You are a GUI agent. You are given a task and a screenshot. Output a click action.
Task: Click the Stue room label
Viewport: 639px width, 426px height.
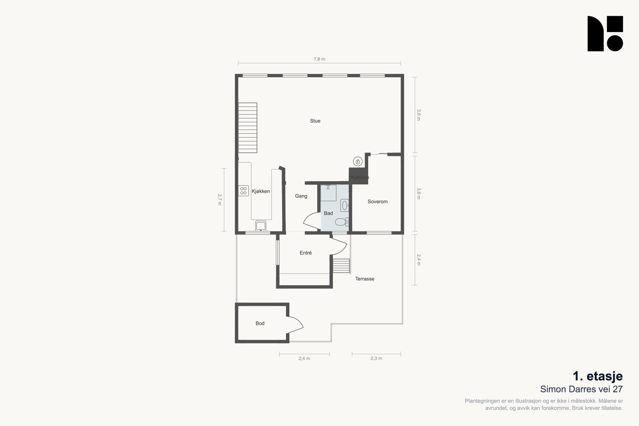tap(315, 121)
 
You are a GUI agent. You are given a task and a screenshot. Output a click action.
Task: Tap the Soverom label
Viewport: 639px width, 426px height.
tap(377, 201)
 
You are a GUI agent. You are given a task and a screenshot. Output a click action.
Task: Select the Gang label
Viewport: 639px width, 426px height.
tap(301, 196)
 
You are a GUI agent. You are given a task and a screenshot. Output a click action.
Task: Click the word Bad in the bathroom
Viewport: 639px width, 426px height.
tap(328, 213)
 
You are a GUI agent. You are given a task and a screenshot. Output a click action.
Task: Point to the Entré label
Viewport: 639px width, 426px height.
tap(306, 253)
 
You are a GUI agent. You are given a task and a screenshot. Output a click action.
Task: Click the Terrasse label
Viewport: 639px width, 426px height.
tap(365, 279)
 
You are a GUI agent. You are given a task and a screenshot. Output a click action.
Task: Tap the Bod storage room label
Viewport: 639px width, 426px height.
tap(260, 323)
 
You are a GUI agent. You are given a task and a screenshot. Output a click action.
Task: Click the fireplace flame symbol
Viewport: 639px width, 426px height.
tap(358, 161)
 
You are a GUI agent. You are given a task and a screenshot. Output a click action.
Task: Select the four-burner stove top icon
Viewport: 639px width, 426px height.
tap(244, 191)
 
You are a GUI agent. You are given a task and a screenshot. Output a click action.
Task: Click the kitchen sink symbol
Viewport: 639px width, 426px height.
tap(261, 226)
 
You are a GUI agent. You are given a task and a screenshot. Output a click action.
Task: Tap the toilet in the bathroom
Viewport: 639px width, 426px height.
tap(342, 222)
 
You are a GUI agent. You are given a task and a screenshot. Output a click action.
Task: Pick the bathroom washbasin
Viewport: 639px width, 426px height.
tap(344, 205)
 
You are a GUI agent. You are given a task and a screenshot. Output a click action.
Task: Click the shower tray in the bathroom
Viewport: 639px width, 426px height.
tap(328, 193)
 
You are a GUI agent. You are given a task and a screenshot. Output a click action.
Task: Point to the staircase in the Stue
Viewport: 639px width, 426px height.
tap(248, 128)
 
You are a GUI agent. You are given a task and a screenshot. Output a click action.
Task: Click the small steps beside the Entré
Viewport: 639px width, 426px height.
tap(341, 266)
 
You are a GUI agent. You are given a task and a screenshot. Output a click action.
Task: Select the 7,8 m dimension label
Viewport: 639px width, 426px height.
tap(319, 59)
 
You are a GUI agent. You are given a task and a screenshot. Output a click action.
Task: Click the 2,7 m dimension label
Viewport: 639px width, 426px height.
tap(220, 200)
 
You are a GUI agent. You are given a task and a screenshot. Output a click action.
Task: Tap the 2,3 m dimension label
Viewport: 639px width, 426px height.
tap(376, 358)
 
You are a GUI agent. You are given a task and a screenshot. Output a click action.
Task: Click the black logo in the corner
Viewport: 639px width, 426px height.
tap(605, 34)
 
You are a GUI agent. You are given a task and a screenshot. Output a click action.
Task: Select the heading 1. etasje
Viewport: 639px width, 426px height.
tap(598, 376)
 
